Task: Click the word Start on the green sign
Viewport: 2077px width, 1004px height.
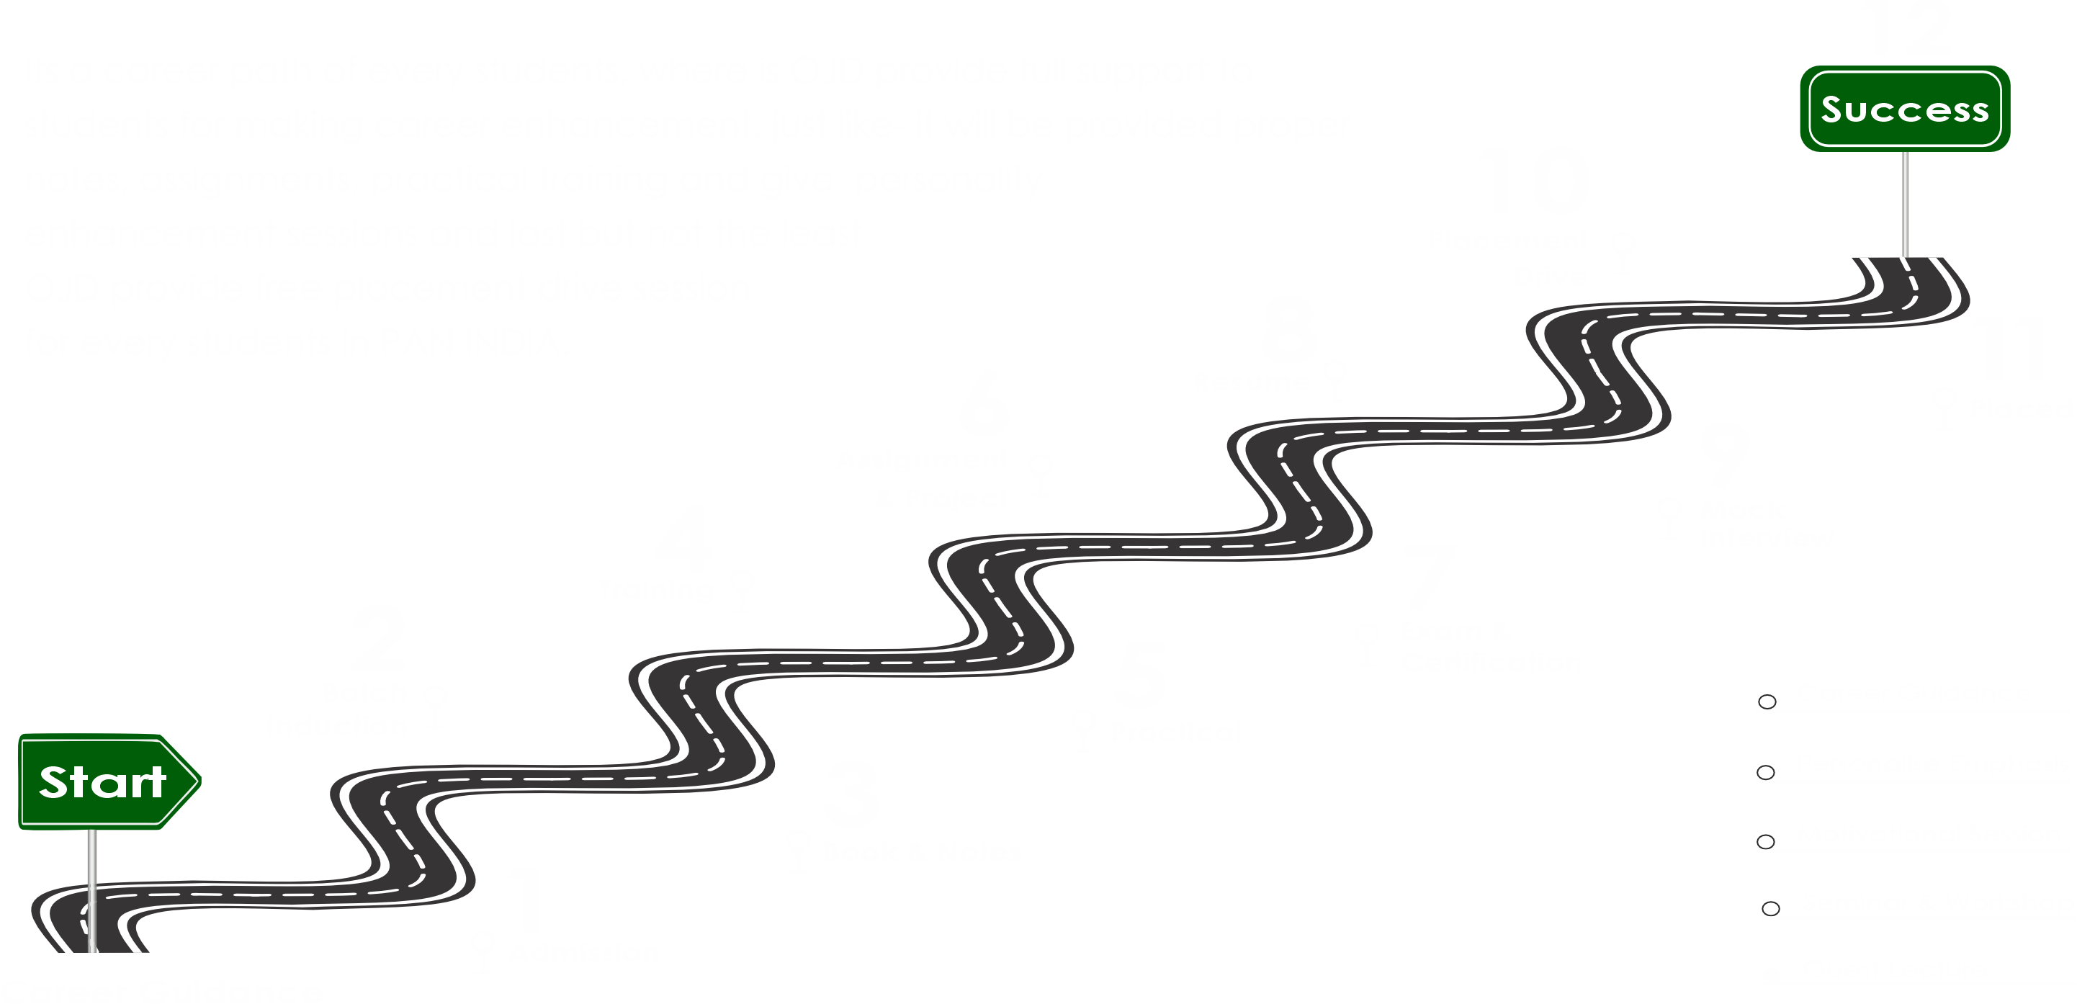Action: (x=102, y=782)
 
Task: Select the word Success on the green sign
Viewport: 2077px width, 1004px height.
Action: (x=1904, y=109)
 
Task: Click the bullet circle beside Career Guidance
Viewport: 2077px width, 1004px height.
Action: (x=1767, y=702)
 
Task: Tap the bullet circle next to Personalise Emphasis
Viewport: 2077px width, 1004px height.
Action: (x=1766, y=773)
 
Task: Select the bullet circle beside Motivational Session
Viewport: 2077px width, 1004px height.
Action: (x=1766, y=842)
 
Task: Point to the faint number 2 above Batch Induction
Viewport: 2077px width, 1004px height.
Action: (x=379, y=637)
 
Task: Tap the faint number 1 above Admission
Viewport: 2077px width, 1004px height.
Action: (x=528, y=899)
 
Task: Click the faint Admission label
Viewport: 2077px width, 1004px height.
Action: (x=585, y=951)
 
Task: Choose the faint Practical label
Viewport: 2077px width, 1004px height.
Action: (x=1173, y=732)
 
